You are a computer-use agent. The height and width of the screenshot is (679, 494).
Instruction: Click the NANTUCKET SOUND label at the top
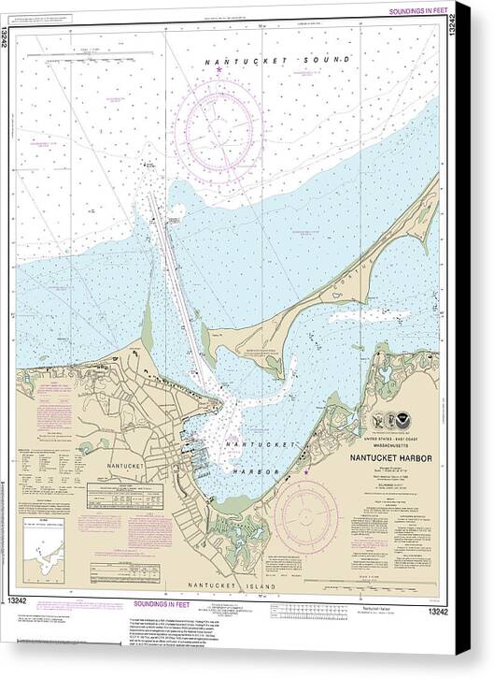click(x=277, y=60)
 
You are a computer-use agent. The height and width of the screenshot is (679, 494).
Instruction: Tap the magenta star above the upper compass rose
click(x=219, y=70)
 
